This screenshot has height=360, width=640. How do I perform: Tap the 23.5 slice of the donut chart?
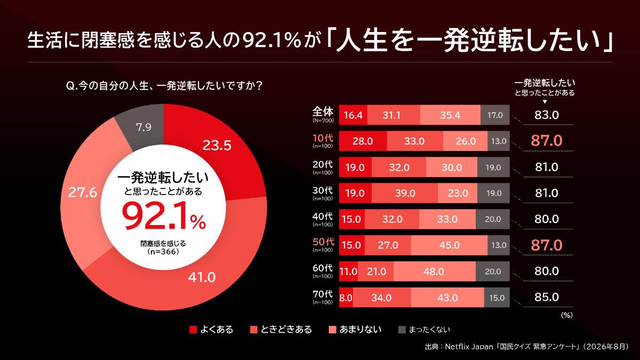point(217,151)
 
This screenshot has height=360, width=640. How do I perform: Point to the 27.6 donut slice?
point(83,194)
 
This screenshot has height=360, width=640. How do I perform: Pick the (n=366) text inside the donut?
point(163,252)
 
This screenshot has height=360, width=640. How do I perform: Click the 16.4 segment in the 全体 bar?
point(353,115)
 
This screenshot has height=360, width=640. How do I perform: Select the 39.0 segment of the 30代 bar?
point(405,193)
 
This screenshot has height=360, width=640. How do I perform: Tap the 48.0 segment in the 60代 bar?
point(435,271)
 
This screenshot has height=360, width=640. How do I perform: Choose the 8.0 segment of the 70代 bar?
point(346,298)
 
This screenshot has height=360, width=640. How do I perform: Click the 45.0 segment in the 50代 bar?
point(449,245)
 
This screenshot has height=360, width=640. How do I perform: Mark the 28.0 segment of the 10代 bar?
point(363,141)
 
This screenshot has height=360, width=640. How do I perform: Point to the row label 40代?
point(323,217)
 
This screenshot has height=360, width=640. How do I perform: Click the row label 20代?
point(323,164)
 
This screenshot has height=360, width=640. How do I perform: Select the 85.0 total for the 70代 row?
point(547,297)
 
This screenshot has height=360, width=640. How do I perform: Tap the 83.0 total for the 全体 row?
point(547,115)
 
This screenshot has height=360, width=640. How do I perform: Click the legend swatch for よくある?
point(193,330)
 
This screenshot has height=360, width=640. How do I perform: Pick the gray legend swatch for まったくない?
point(402,330)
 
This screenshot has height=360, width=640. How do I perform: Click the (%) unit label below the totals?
point(567,315)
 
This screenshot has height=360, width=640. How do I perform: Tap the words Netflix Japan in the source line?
point(469,347)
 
